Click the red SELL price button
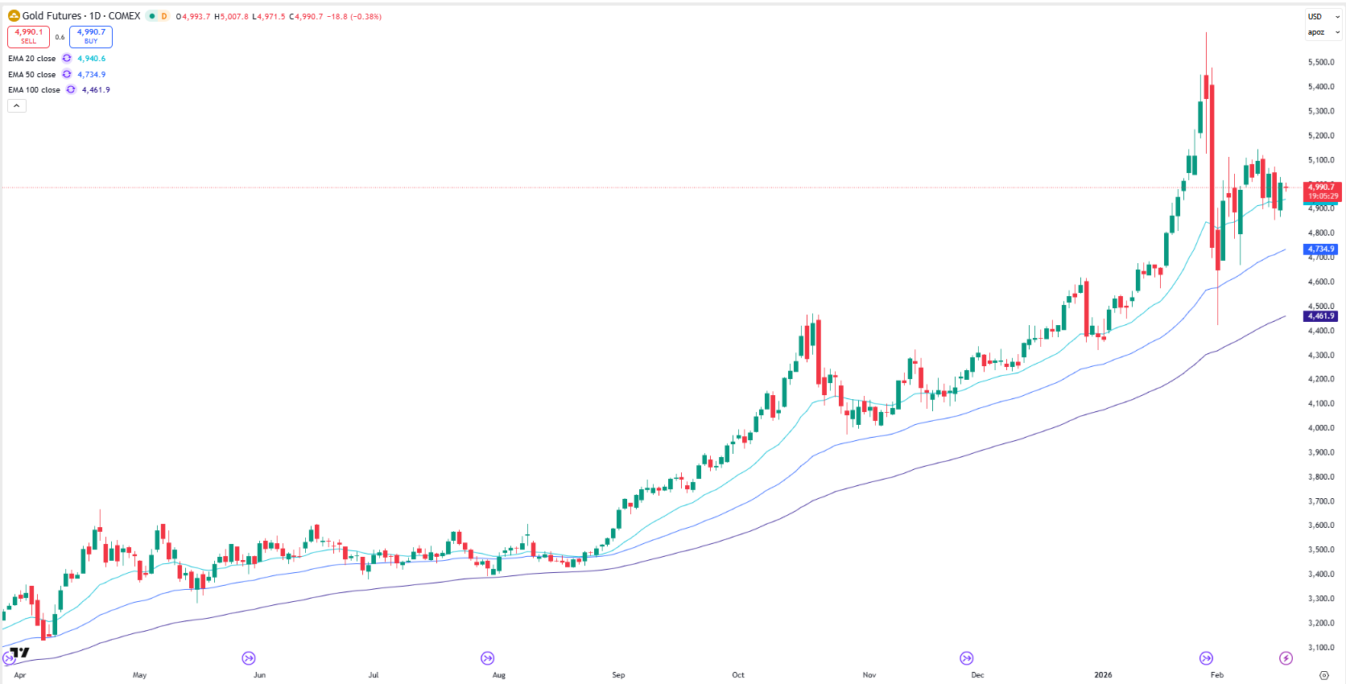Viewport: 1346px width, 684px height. point(28,36)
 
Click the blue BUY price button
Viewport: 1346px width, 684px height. point(91,36)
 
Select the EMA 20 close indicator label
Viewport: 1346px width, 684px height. point(32,59)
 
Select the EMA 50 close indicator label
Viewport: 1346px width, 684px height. point(32,75)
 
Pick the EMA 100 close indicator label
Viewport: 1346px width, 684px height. point(34,90)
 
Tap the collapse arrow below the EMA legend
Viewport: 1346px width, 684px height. point(17,106)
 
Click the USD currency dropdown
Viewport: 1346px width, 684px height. point(1322,16)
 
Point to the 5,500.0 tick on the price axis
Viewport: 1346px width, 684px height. point(1321,62)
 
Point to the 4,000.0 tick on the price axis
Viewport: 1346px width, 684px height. point(1321,428)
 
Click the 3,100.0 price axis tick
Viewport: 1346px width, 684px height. point(1321,648)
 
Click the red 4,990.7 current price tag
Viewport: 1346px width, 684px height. point(1322,192)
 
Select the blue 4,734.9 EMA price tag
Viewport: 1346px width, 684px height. point(1321,249)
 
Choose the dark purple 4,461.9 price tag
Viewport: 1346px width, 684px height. point(1321,316)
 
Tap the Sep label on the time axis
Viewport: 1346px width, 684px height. point(618,675)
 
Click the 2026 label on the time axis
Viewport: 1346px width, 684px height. point(1103,675)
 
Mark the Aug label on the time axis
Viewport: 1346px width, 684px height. point(499,675)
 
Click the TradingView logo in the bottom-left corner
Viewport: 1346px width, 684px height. point(20,653)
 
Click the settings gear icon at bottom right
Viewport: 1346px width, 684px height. point(1324,675)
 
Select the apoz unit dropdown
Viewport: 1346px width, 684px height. point(1322,32)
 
